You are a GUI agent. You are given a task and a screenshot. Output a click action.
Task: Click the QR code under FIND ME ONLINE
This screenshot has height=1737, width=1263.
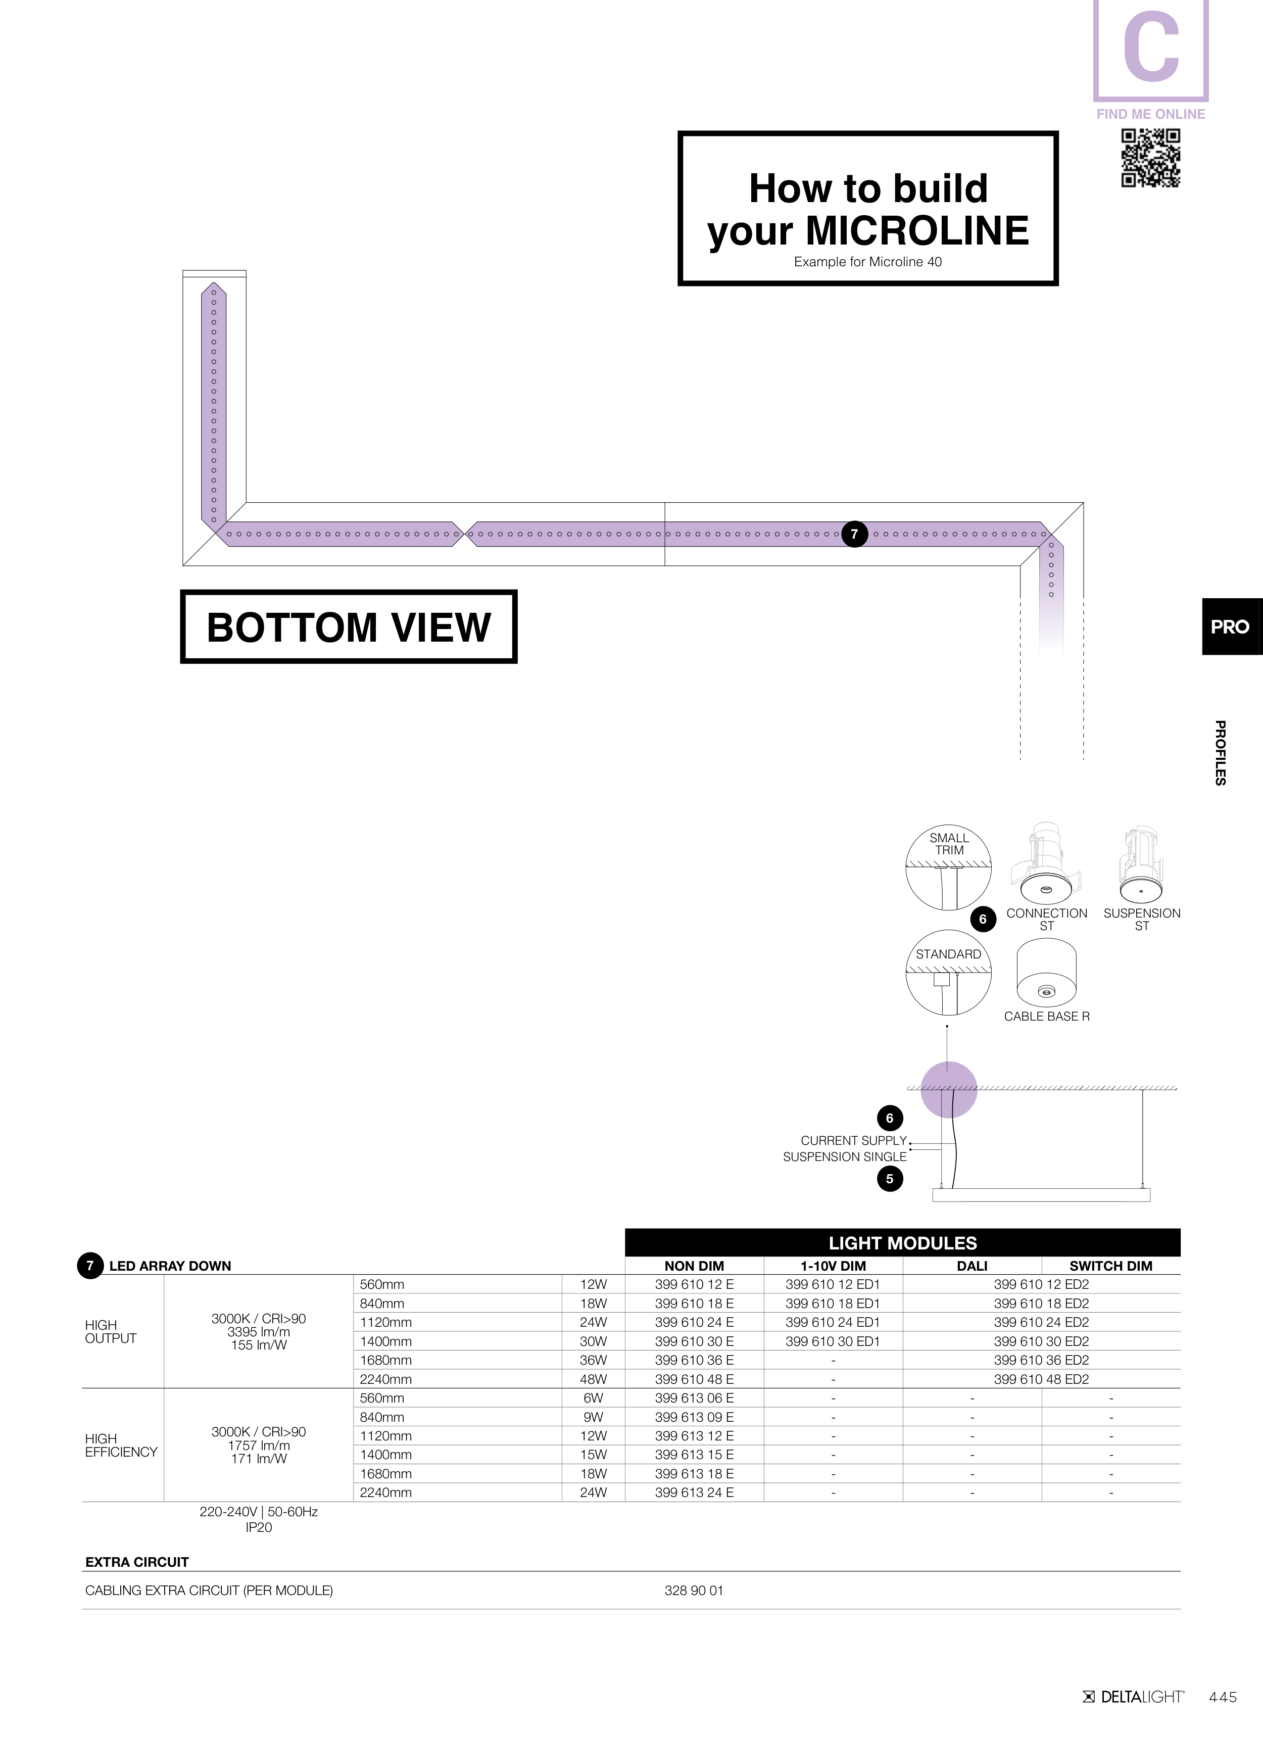(1150, 158)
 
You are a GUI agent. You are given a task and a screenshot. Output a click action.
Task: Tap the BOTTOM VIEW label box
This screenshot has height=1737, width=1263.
(349, 626)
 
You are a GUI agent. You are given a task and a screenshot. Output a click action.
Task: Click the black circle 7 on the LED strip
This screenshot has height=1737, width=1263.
(854, 534)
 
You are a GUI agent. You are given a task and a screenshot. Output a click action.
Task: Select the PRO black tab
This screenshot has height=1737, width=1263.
(1230, 626)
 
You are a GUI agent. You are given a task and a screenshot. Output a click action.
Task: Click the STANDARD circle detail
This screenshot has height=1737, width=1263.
(948, 973)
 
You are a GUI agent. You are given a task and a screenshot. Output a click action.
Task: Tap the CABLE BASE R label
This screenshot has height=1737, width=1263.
(1046, 1017)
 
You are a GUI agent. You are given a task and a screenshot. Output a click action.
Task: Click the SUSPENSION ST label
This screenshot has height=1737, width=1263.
(1141, 919)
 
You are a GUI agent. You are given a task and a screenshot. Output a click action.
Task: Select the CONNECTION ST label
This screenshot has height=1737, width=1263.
(1046, 919)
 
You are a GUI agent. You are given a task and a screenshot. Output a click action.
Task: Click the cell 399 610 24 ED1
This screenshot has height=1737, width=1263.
(833, 1322)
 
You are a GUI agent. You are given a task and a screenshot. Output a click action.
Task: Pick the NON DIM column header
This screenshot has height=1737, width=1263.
(694, 1266)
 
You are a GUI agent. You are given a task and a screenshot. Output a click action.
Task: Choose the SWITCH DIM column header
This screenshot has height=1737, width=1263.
(1110, 1266)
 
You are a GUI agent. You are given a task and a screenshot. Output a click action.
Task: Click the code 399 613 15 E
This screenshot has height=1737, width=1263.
(694, 1455)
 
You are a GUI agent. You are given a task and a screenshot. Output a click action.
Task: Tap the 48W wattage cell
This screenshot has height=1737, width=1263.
(593, 1379)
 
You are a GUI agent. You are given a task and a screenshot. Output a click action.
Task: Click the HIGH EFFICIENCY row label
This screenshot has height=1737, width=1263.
(121, 1445)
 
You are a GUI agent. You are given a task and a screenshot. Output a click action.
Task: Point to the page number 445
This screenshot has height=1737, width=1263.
(1223, 1697)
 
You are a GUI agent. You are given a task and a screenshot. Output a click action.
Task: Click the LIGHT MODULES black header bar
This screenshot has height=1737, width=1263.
(902, 1243)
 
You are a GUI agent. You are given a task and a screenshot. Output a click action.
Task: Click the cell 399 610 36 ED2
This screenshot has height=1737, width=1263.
(1041, 1360)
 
